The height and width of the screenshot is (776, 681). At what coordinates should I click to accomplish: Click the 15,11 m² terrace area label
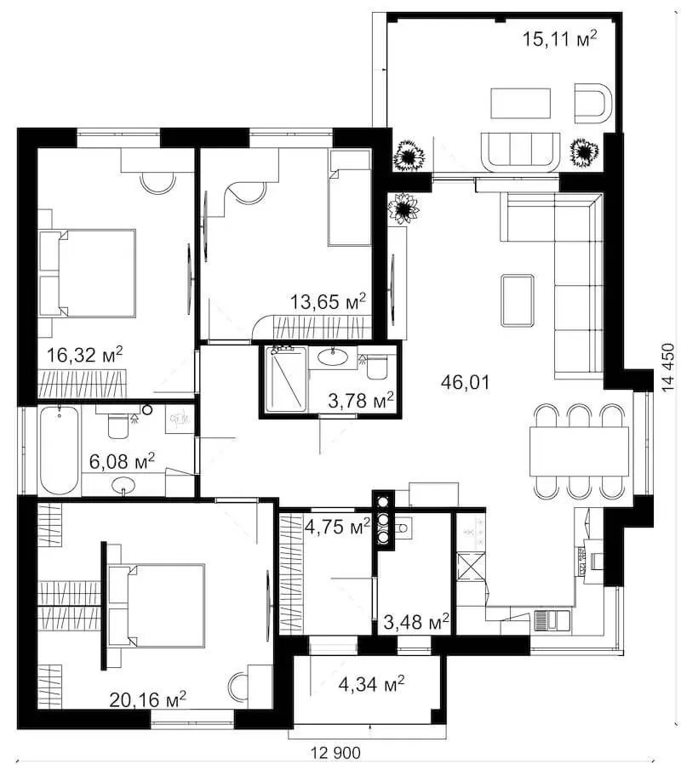click(559, 38)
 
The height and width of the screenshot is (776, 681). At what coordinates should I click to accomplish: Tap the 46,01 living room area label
click(465, 382)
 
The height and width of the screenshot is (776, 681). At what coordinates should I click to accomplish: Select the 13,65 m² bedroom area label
click(328, 301)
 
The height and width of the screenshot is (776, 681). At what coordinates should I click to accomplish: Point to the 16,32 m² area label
click(84, 355)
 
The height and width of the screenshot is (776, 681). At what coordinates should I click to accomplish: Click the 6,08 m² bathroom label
click(122, 461)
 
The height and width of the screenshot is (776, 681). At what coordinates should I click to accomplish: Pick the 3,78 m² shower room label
click(361, 401)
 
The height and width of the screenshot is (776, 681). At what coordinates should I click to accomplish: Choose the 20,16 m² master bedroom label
click(147, 699)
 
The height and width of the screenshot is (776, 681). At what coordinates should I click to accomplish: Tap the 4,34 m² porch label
click(371, 684)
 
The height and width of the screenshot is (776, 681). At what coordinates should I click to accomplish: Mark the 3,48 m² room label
click(416, 622)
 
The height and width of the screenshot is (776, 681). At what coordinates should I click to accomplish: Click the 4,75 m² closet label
click(337, 527)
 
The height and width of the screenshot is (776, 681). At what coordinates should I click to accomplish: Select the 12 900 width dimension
click(335, 753)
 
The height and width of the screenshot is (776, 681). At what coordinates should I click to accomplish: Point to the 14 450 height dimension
click(667, 368)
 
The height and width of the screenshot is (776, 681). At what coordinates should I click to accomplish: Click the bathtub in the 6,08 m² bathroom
click(60, 450)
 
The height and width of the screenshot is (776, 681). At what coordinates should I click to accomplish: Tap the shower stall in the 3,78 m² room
click(286, 379)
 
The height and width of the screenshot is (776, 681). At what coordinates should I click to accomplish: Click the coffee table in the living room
click(518, 300)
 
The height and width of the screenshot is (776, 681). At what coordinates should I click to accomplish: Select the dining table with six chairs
click(579, 451)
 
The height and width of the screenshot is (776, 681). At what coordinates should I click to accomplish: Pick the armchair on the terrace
click(592, 103)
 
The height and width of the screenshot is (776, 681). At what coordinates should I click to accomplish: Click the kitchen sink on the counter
click(552, 621)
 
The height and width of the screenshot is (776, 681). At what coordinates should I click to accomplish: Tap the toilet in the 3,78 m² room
click(377, 367)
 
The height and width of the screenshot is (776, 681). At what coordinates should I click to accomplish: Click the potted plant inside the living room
click(403, 208)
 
